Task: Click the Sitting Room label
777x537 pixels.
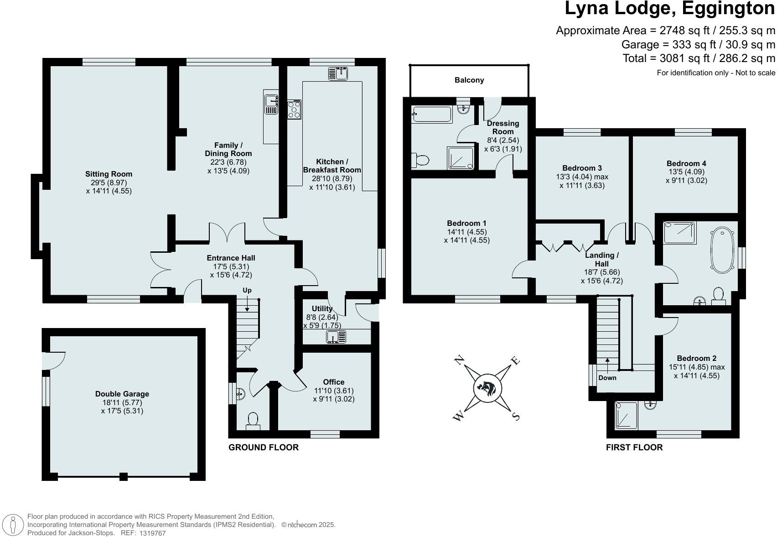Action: (109, 174)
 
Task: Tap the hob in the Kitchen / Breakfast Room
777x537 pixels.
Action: (294, 109)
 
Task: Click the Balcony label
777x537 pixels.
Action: (469, 80)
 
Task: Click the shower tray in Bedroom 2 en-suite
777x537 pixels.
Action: (626, 416)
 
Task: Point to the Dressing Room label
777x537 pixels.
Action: (502, 127)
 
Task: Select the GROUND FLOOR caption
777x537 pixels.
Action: (264, 448)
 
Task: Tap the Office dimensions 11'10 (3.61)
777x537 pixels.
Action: (334, 391)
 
